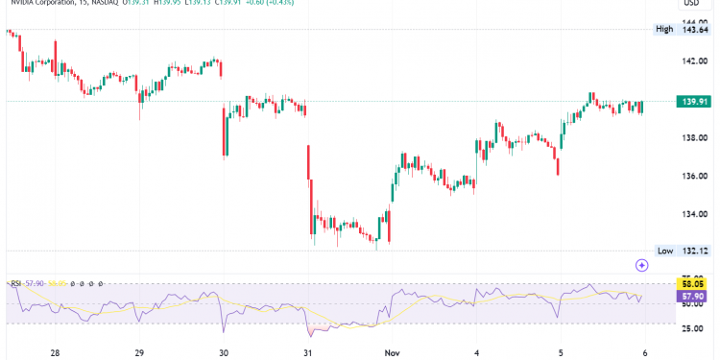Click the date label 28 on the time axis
(56, 352)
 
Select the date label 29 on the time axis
(140, 352)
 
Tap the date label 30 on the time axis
(224, 352)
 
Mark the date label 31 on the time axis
(308, 352)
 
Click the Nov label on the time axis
(393, 352)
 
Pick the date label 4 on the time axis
(476, 352)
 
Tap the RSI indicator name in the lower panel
(16, 284)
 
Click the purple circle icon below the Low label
(642, 264)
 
